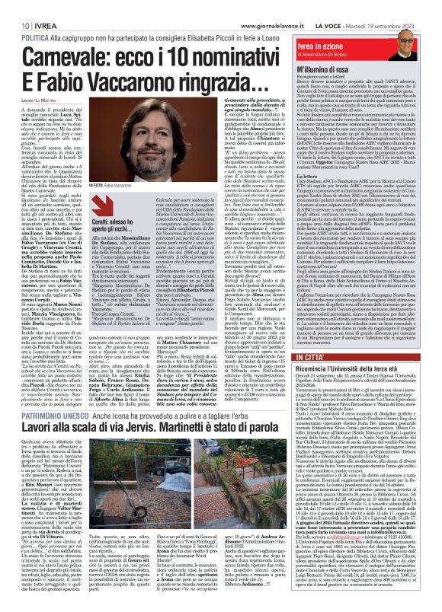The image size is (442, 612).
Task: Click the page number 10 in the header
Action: point(14,7)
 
